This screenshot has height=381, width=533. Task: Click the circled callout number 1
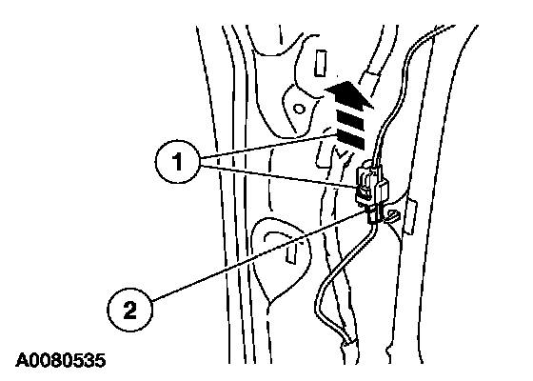click(177, 162)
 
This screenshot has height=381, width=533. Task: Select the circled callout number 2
click(129, 311)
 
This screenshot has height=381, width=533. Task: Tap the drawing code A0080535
click(61, 361)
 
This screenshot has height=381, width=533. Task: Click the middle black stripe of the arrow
click(350, 122)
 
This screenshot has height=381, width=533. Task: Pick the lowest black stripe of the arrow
click(351, 139)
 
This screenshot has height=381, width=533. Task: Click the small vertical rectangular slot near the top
click(320, 63)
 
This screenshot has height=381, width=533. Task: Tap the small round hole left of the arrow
click(299, 110)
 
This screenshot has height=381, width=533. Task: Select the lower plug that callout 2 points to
click(374, 213)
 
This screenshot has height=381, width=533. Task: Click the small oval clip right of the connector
click(393, 216)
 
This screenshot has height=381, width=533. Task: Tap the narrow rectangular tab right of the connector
click(411, 217)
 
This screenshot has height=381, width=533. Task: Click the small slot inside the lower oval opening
click(291, 252)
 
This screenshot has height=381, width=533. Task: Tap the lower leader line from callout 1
click(279, 176)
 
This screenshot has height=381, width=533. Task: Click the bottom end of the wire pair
click(346, 344)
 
